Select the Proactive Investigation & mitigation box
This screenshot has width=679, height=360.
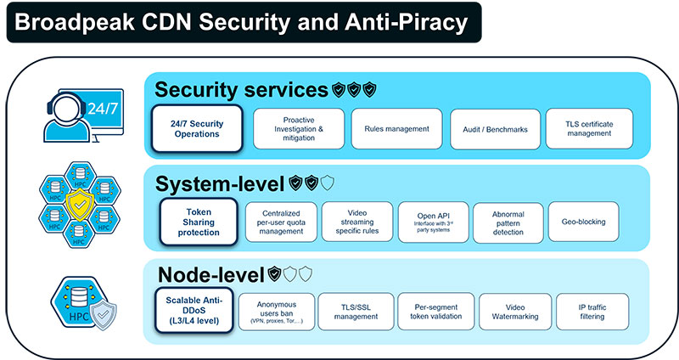point(299,128)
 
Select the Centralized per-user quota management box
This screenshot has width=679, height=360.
point(281,222)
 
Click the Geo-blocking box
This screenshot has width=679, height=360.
point(583,222)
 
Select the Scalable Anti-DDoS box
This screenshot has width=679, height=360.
point(194,312)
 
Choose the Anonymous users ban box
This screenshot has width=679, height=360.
point(275,312)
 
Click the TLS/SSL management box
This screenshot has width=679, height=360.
point(355,312)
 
